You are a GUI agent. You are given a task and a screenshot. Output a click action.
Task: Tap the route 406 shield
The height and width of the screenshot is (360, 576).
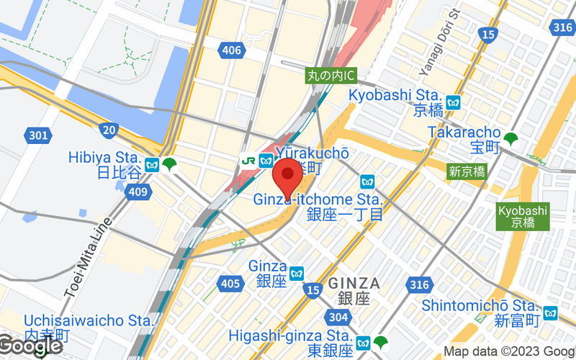[x=232, y=50]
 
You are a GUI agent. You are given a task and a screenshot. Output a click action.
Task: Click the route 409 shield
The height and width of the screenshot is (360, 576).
[x=136, y=192]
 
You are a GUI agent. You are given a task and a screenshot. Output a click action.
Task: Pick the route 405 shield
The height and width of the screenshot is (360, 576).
[x=230, y=284]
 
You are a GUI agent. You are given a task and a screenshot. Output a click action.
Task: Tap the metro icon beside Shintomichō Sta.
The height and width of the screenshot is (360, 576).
[x=551, y=312]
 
